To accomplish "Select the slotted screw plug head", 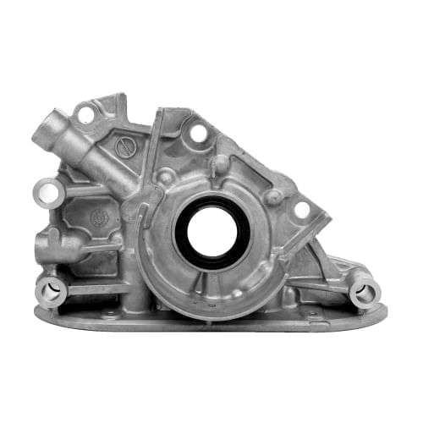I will click(x=125, y=146).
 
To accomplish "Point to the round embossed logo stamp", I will click(x=100, y=217).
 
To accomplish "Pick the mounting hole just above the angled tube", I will click(x=85, y=112).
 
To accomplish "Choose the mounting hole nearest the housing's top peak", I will click(x=198, y=133).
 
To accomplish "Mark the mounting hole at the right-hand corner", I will click(x=302, y=208).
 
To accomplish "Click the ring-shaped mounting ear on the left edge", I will click(x=49, y=193).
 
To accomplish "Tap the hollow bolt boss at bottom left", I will click(x=51, y=291).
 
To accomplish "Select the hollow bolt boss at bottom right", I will click(x=365, y=292).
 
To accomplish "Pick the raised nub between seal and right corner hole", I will click(x=272, y=196).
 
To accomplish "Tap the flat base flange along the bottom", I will click(x=211, y=320).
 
